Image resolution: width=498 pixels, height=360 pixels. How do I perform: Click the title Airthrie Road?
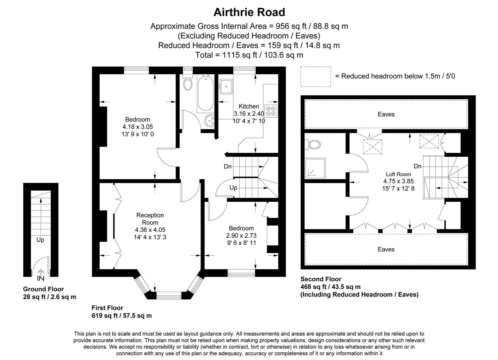tap(249, 12)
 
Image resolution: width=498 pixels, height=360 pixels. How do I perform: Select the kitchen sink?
tap(226, 87)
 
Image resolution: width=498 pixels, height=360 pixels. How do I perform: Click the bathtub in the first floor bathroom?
tap(205, 93)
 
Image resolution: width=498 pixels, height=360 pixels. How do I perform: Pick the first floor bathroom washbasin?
tap(210, 121)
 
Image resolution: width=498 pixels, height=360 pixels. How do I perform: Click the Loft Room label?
tap(398, 174)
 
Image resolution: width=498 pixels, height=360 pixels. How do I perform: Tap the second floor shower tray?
tap(315, 168)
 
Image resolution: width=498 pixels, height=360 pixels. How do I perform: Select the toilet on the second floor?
tap(314, 145)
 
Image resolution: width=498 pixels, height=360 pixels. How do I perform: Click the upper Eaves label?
tap(386, 114)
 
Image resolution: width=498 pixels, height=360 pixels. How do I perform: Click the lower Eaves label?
tap(386, 249)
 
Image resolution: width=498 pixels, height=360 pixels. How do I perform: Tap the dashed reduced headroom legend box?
tap(315, 76)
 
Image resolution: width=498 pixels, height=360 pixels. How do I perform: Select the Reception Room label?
tap(150, 219)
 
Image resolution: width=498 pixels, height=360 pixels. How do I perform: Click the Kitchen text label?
tap(249, 106)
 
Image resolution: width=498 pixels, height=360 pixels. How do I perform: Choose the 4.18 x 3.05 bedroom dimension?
tap(138, 127)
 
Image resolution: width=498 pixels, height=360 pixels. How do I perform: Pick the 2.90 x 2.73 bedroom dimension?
tap(241, 236)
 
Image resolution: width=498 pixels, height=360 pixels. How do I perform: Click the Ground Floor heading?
tap(43, 289)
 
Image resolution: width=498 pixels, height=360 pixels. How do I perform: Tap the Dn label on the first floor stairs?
tap(228, 166)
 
